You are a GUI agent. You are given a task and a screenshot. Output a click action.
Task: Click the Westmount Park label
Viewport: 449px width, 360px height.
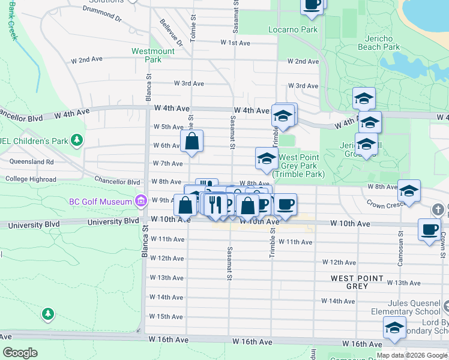(153, 55)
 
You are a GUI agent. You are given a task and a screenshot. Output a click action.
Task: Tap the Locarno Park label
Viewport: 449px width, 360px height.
(301, 29)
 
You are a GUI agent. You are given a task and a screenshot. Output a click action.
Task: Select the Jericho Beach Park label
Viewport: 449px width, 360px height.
(378, 43)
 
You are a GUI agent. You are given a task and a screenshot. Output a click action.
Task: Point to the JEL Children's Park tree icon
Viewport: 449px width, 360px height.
(76, 141)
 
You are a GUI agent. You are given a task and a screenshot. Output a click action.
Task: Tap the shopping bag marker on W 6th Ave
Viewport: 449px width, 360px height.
(192, 142)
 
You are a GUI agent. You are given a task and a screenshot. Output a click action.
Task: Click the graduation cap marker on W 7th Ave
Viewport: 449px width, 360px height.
(267, 159)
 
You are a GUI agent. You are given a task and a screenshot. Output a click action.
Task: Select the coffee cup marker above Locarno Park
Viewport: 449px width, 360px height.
(312, 5)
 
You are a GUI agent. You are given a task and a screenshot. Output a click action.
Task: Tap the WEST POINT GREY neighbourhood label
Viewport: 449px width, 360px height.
(357, 282)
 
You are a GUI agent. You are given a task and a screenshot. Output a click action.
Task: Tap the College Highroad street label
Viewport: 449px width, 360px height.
(31, 179)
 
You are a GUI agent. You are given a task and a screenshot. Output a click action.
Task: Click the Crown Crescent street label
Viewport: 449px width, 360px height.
(387, 204)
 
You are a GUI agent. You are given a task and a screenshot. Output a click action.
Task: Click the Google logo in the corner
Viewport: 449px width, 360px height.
(20, 353)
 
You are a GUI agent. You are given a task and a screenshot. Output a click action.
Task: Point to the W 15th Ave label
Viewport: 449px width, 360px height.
(166, 316)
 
